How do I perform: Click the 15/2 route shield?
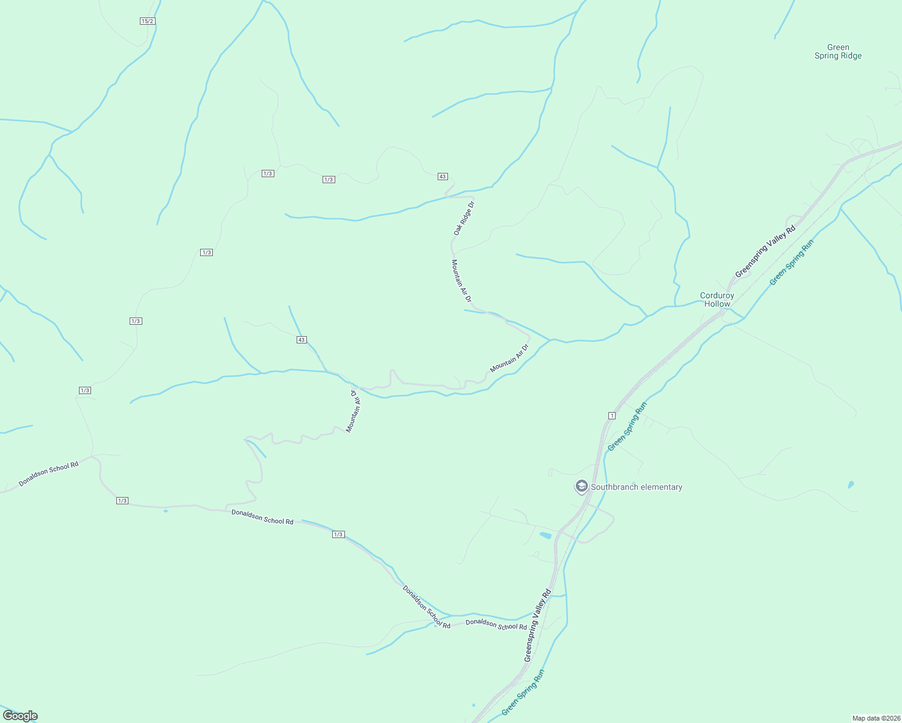pos(148,21)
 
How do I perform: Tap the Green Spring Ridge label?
pos(838,52)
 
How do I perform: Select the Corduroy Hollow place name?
pos(717,299)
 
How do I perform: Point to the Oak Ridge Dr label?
pos(464,218)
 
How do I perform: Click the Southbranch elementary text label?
pos(637,487)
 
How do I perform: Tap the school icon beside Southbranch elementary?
pos(581,486)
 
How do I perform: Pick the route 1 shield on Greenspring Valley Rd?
pos(611,416)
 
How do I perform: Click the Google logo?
pos(20,716)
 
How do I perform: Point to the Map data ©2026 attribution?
pos(876,718)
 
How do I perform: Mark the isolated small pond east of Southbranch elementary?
pos(851,484)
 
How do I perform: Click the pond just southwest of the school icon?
pos(545,535)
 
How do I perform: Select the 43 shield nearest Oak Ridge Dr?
pos(443,177)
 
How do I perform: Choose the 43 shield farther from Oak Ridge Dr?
pos(301,340)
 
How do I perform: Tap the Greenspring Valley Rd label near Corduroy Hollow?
pos(765,252)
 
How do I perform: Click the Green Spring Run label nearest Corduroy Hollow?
pos(792,262)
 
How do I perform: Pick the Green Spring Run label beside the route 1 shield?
pos(627,427)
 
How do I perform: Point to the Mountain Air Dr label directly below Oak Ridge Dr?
pos(461,281)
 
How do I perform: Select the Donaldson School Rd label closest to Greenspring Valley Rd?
pos(496,625)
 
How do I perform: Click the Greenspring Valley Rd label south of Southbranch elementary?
pos(538,625)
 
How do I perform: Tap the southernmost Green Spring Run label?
pos(523,692)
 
